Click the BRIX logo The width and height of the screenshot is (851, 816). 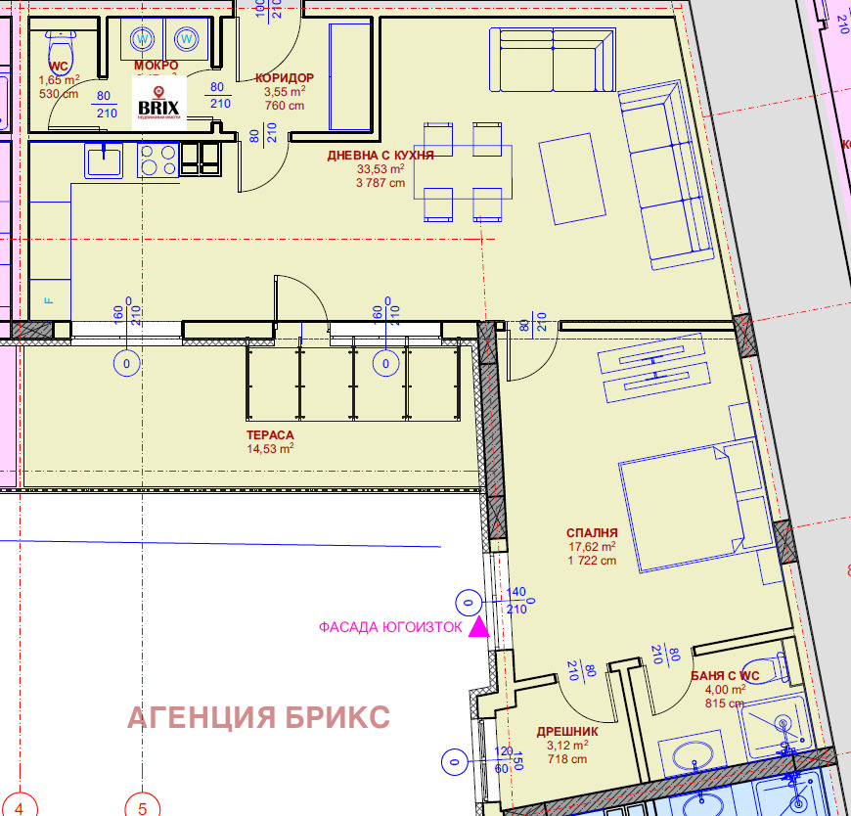(x=158, y=104)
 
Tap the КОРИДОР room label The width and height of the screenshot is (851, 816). (x=284, y=78)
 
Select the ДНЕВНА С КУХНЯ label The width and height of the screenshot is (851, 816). (x=380, y=155)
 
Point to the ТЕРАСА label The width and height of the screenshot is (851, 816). (x=270, y=435)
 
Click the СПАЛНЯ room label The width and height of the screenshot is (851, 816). (x=592, y=533)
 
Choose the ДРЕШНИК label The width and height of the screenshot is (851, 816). (x=567, y=731)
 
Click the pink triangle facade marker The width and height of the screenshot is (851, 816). (x=478, y=627)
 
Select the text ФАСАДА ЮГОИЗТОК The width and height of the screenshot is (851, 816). (x=390, y=628)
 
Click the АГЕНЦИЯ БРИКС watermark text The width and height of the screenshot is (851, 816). (x=259, y=717)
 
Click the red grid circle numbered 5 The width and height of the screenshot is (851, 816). (x=142, y=807)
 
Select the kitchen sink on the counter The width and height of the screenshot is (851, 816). (x=102, y=159)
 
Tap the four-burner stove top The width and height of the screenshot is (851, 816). (x=158, y=159)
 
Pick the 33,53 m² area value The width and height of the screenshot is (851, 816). (x=381, y=168)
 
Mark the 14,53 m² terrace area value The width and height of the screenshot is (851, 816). (x=271, y=449)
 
